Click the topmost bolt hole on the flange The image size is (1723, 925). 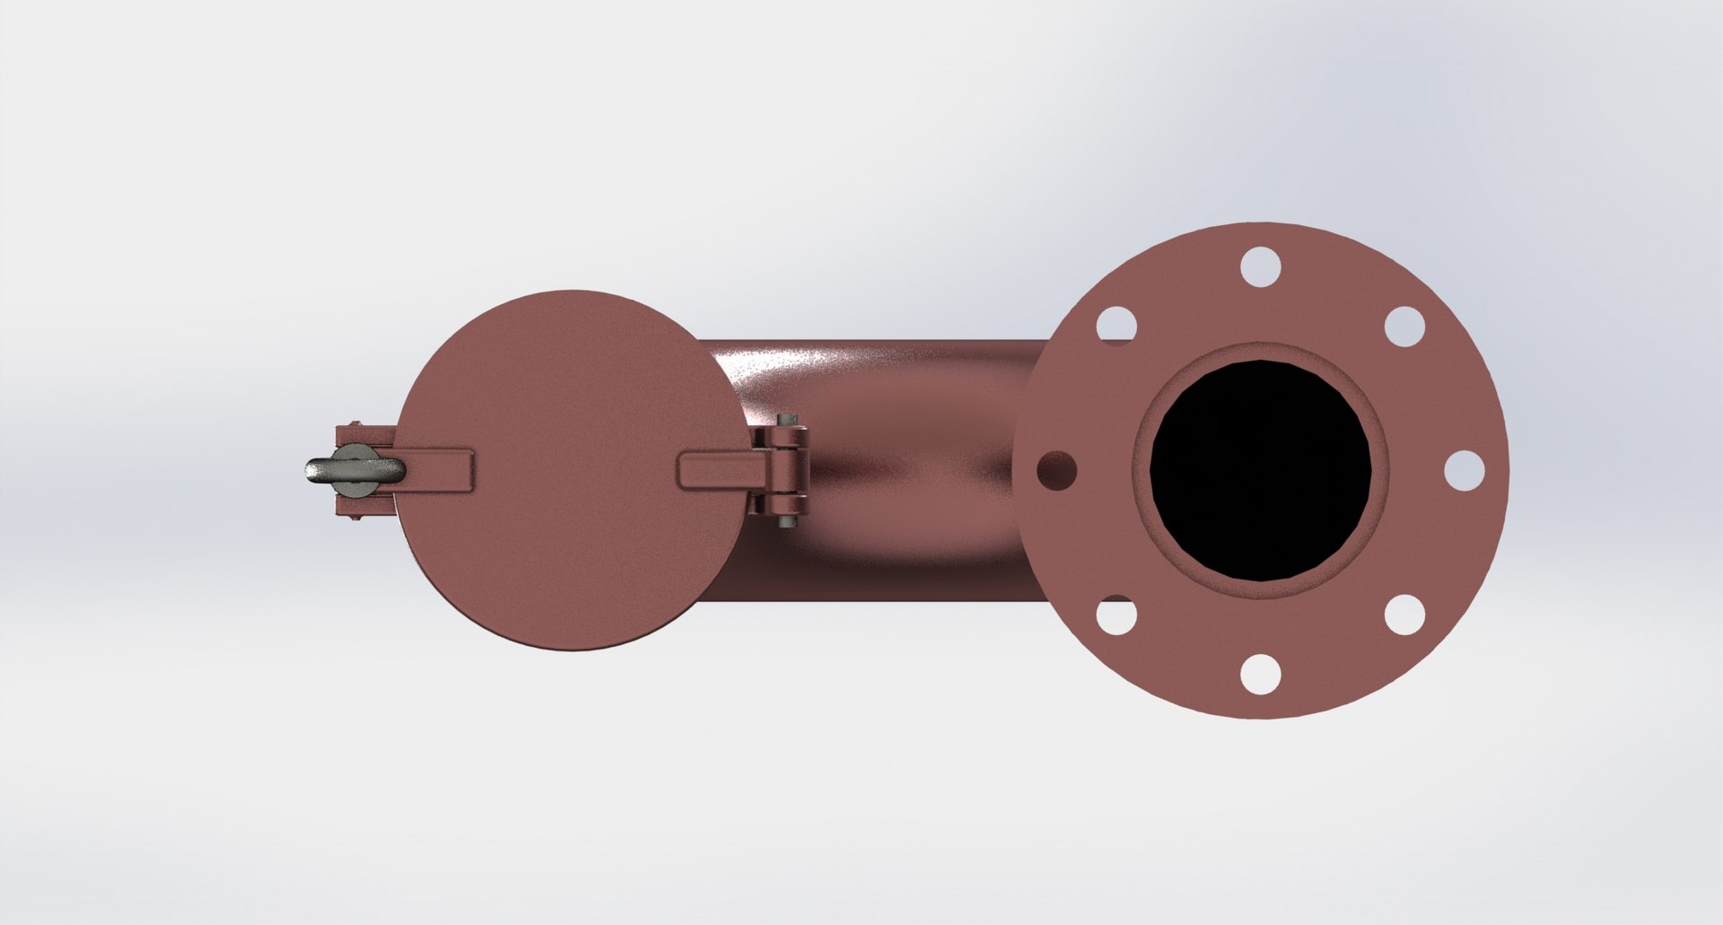[x=1260, y=266]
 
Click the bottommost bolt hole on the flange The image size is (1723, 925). [x=1260, y=674]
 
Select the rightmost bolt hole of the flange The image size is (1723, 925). [x=1464, y=470]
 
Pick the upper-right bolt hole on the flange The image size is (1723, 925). [x=1404, y=326]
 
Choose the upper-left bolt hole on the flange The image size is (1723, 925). [x=1115, y=326]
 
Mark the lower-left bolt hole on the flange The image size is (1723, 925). [x=1115, y=615]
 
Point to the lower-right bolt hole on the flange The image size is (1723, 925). [x=1404, y=615]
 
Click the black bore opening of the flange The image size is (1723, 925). [x=1260, y=470]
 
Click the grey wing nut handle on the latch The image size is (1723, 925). [x=350, y=470]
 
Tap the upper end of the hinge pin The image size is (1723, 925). [x=788, y=419]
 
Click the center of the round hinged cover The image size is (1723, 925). [x=572, y=470]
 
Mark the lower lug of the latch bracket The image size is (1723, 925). [x=363, y=508]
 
